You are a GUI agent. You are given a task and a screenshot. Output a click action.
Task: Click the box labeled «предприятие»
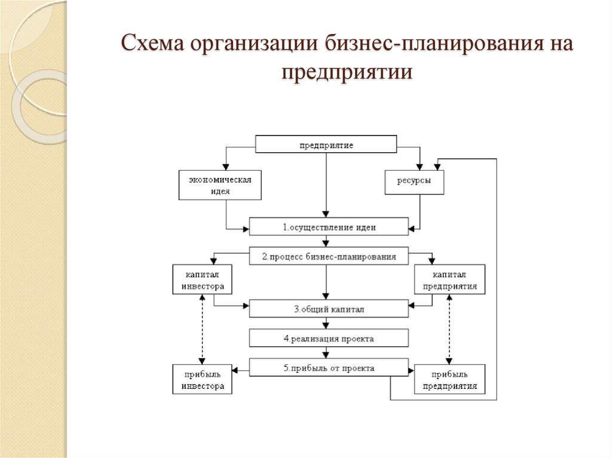click(326, 145)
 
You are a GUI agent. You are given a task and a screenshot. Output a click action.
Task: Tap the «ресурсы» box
click(414, 181)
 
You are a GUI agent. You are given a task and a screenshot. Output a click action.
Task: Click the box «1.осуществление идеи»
click(329, 227)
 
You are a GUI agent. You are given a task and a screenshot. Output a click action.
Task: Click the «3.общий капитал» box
click(329, 309)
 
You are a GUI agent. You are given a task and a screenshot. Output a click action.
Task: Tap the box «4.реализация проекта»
click(329, 339)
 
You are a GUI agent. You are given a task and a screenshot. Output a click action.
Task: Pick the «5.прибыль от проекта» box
click(329, 368)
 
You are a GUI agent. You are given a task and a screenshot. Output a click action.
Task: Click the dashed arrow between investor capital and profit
click(203, 330)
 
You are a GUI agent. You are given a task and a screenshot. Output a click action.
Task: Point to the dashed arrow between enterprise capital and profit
click(449, 330)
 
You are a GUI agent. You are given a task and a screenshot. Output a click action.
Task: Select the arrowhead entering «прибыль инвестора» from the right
click(236, 371)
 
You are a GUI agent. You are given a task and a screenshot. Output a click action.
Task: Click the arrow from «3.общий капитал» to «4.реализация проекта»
click(326, 324)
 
